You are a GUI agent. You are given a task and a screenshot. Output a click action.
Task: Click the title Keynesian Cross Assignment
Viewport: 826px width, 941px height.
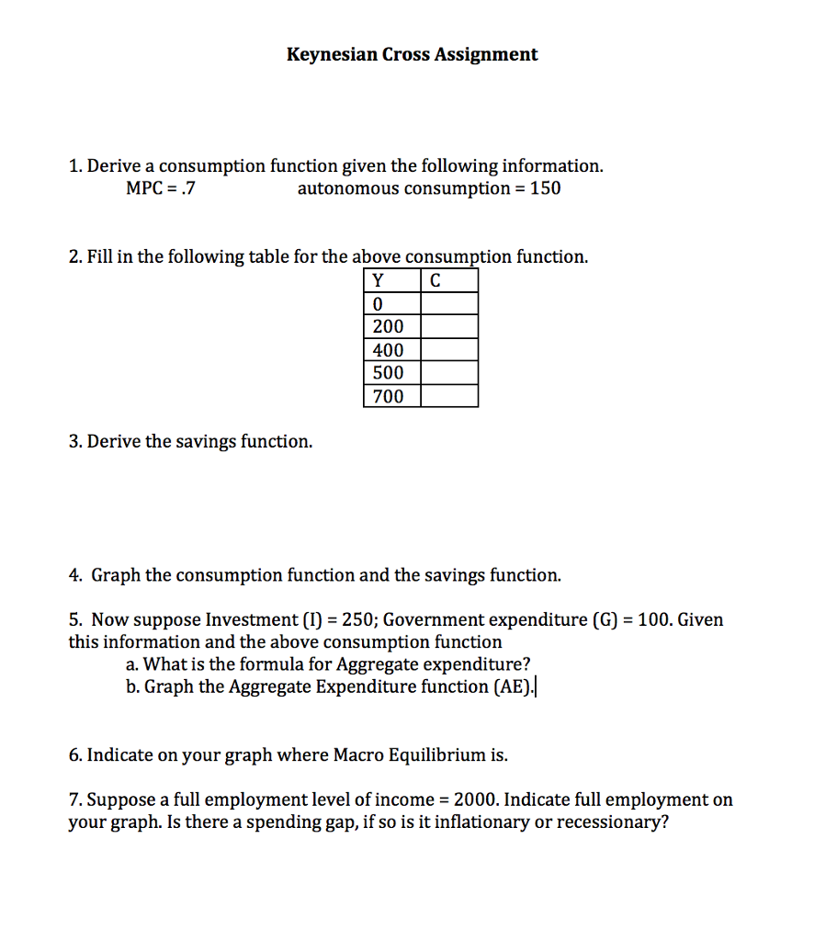pos(412,54)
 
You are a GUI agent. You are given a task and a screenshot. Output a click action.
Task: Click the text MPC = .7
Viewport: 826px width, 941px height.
pos(161,189)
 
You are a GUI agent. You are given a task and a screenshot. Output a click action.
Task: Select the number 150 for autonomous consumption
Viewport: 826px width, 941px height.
pos(545,189)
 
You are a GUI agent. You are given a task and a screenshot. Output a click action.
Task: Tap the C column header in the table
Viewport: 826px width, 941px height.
pos(435,281)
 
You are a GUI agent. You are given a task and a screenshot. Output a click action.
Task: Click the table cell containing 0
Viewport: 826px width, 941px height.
pos(392,304)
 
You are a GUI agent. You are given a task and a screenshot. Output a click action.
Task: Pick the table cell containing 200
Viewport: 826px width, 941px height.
pos(392,327)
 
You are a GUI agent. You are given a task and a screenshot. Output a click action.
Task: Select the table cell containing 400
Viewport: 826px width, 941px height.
pos(392,350)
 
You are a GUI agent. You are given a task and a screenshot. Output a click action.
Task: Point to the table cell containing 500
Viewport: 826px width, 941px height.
pos(392,373)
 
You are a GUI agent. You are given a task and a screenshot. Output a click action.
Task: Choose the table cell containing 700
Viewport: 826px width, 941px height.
pos(392,397)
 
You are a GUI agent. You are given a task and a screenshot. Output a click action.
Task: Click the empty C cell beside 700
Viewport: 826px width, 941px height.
pos(449,397)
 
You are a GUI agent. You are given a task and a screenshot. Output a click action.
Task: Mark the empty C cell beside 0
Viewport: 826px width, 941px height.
pos(449,304)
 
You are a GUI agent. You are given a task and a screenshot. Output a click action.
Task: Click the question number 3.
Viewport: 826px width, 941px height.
pos(74,442)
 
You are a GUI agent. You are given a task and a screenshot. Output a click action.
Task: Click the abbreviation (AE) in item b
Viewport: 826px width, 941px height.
pos(514,686)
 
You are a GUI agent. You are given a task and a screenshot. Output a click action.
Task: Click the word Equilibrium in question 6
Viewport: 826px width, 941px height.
pos(431,755)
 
